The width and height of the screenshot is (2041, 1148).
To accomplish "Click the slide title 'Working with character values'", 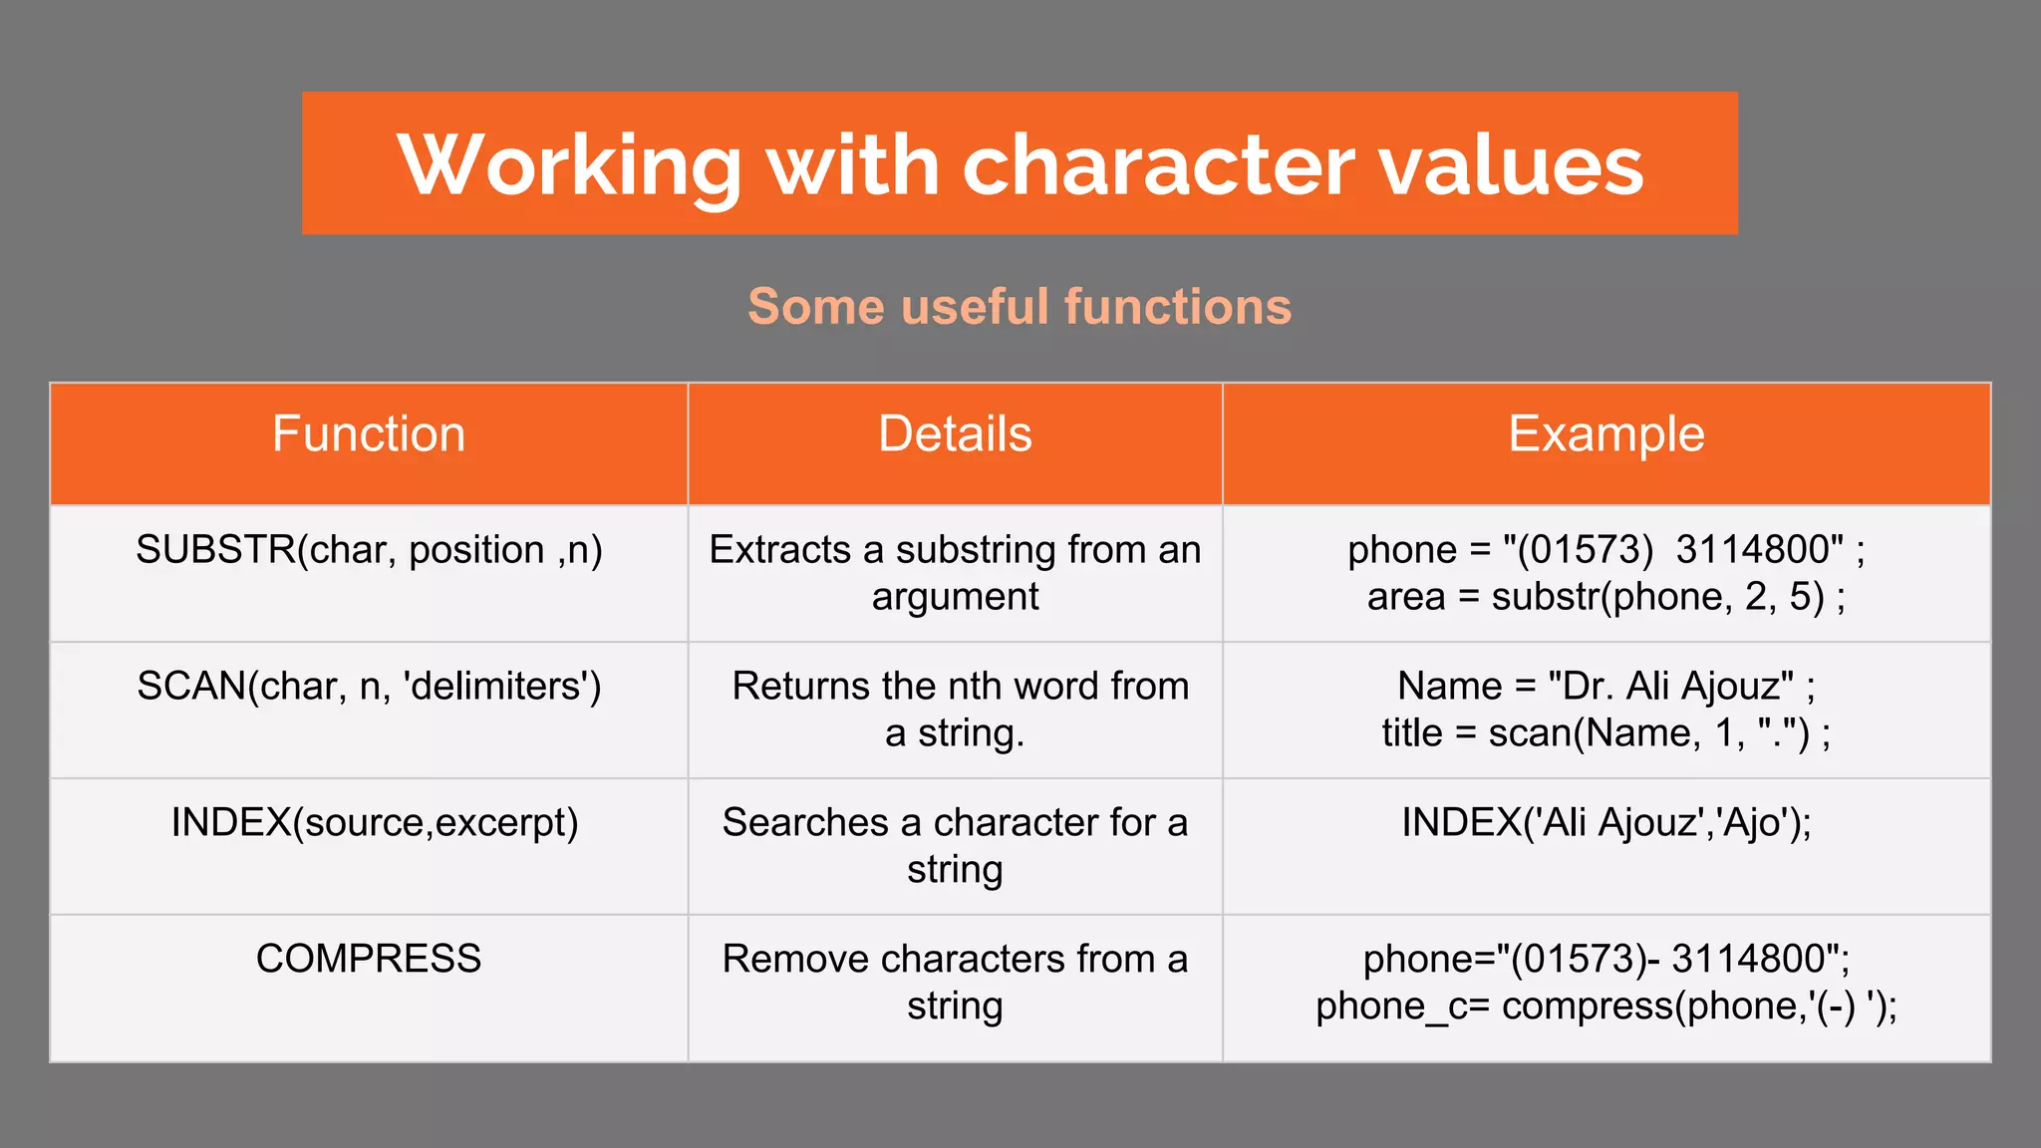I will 1020,164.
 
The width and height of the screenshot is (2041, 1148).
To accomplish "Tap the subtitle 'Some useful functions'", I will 1020,306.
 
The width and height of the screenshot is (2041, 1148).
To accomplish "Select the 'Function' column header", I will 369,434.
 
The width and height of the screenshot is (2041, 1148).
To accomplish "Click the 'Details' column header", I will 955,434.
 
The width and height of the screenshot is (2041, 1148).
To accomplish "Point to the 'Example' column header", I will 1605,434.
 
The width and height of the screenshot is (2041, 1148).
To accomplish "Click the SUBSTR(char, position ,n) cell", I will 369,550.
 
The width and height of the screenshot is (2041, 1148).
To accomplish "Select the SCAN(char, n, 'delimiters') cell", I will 369,687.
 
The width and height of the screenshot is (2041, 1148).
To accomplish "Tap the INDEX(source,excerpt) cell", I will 375,823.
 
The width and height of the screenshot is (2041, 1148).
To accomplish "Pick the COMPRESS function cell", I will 369,959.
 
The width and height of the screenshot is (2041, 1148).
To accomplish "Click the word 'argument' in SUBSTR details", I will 955,597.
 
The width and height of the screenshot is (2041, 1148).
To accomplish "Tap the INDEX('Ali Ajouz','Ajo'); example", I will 1605,823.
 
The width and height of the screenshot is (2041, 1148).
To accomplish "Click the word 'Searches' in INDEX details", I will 805,823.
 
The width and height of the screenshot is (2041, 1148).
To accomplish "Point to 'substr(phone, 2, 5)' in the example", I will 1657,597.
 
